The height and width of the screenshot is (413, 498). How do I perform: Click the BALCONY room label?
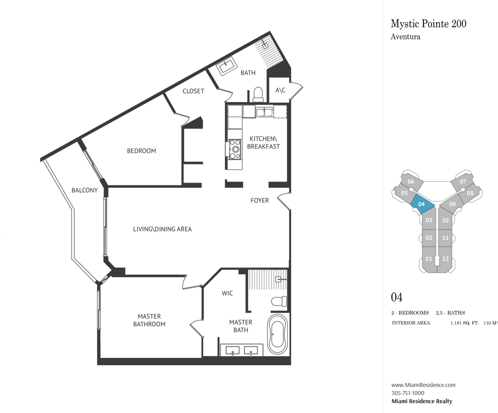(x=85, y=190)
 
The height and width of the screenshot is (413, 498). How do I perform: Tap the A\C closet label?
(x=280, y=90)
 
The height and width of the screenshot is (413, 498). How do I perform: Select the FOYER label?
(x=259, y=200)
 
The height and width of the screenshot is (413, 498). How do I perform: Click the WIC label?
(x=227, y=294)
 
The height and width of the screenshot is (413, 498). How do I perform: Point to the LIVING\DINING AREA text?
(x=162, y=229)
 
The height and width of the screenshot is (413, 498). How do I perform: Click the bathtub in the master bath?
(x=278, y=334)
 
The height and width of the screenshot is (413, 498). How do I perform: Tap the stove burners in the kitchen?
(x=235, y=149)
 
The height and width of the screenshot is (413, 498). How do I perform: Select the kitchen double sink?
(x=264, y=112)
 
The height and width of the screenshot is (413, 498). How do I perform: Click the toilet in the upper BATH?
(x=258, y=94)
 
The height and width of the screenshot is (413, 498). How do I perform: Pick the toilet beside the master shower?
(x=279, y=301)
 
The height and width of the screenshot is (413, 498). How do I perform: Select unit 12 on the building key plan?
(x=445, y=260)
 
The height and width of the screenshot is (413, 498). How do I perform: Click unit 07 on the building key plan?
(x=463, y=182)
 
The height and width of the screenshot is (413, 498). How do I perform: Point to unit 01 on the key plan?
(x=429, y=260)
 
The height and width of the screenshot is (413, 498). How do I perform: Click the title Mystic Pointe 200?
(x=428, y=24)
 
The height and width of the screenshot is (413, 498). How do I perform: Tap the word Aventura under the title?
(x=405, y=37)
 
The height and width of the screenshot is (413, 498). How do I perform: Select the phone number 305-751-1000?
(x=408, y=393)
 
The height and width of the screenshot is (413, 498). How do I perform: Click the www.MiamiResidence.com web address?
(x=423, y=385)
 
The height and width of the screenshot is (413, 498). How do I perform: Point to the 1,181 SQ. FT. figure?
(x=464, y=323)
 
